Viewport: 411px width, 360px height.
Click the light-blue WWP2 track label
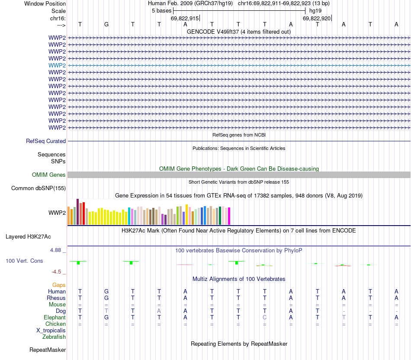click(57, 65)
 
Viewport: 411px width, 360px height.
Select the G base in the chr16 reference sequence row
click(106, 24)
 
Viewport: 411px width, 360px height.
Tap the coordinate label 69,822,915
click(185, 18)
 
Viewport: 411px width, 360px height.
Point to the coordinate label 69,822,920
click(317, 18)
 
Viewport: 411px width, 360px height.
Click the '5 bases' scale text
click(161, 10)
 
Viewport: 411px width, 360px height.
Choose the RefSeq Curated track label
click(46, 141)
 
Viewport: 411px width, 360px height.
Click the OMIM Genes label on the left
click(49, 175)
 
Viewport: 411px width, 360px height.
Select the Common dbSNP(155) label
click(39, 188)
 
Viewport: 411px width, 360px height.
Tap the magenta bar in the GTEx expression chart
click(229, 216)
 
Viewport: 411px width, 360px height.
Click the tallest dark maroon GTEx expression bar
click(77, 211)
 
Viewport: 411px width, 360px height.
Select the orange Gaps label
click(59, 285)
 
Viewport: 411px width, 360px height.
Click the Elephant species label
click(55, 317)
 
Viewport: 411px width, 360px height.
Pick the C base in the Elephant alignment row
click(264, 317)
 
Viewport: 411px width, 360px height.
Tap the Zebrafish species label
click(54, 337)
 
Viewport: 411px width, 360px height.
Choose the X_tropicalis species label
click(51, 330)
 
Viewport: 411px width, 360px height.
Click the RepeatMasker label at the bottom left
click(48, 350)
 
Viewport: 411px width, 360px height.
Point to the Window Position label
click(45, 3)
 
